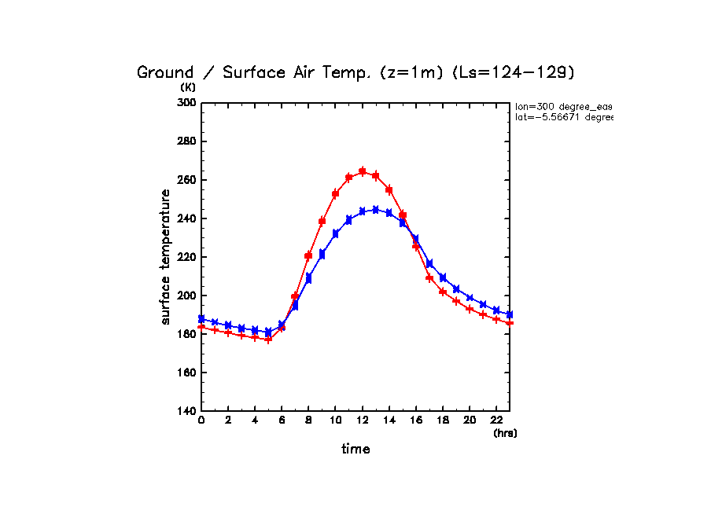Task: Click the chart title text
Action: [x=356, y=72]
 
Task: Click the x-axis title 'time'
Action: [x=355, y=449]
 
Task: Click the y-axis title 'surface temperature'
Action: [x=166, y=257]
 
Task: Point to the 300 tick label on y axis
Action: [x=186, y=103]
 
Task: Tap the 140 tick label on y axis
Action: [x=186, y=411]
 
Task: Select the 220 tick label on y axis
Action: [x=186, y=257]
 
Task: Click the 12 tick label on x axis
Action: [x=362, y=420]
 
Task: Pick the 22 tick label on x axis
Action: [x=496, y=420]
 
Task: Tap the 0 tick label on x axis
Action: [x=201, y=420]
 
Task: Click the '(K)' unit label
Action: [x=188, y=87]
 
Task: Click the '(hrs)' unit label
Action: [x=505, y=433]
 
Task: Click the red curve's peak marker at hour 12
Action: [x=363, y=171]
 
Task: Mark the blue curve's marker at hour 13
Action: [x=376, y=210]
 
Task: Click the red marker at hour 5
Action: [x=268, y=340]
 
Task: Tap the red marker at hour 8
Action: [x=309, y=255]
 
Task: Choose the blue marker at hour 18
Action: [x=443, y=277]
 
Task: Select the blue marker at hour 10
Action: [x=336, y=233]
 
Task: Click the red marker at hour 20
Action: [x=470, y=309]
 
